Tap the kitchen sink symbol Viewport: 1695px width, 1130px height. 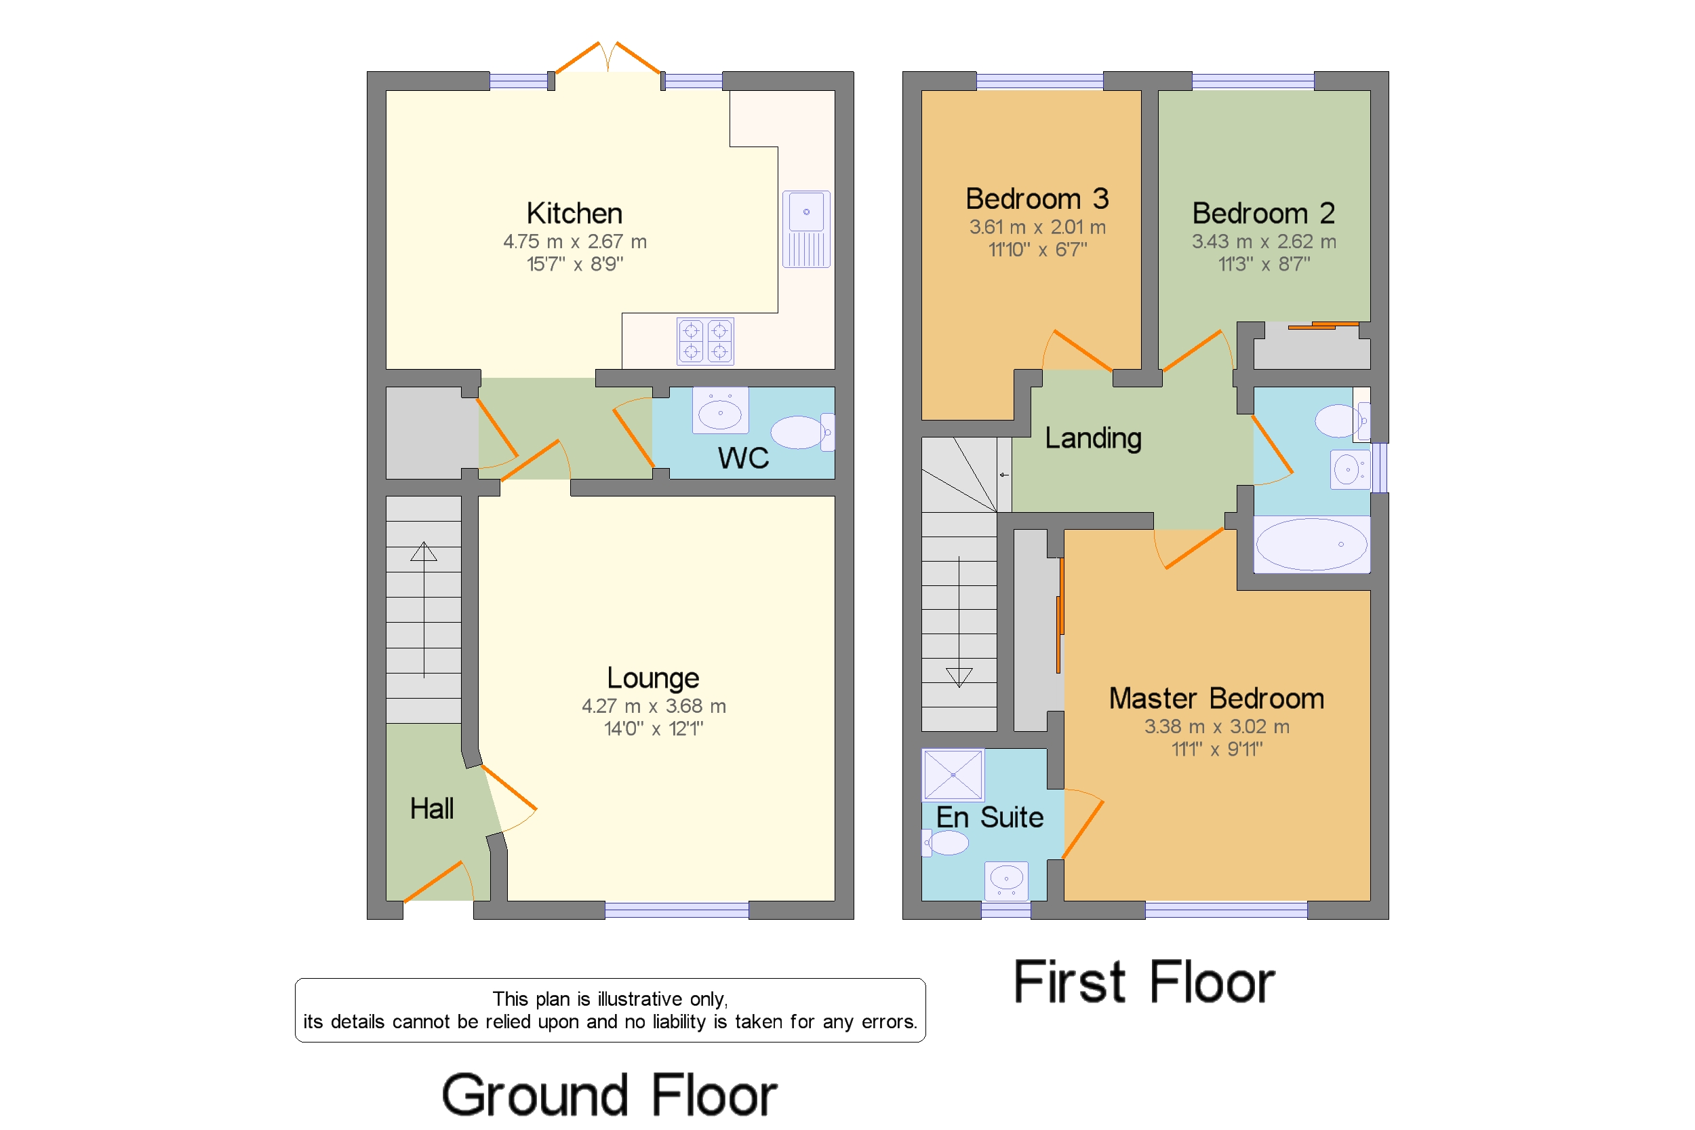[x=806, y=229]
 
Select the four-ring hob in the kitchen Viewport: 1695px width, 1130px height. [x=705, y=341]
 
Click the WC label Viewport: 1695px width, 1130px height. [x=742, y=459]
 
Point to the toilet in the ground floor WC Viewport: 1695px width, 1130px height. [x=801, y=433]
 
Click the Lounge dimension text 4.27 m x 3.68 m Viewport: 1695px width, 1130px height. [x=654, y=706]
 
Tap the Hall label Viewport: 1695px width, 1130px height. [x=431, y=808]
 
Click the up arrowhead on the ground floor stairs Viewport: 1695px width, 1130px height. [x=424, y=552]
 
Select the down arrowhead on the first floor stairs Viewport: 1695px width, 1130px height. [x=959, y=677]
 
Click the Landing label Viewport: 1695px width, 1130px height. [x=1093, y=438]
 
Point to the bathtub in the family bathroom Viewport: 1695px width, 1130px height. [x=1311, y=545]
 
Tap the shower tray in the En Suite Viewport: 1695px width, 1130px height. [x=953, y=775]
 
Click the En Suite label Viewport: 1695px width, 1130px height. [x=989, y=817]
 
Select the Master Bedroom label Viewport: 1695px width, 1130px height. [x=1216, y=699]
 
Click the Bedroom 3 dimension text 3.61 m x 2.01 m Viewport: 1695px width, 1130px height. [x=1037, y=228]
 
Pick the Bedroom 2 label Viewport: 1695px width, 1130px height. [x=1263, y=213]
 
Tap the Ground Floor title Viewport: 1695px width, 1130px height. [x=609, y=1095]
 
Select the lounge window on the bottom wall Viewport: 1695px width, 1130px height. [x=677, y=910]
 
